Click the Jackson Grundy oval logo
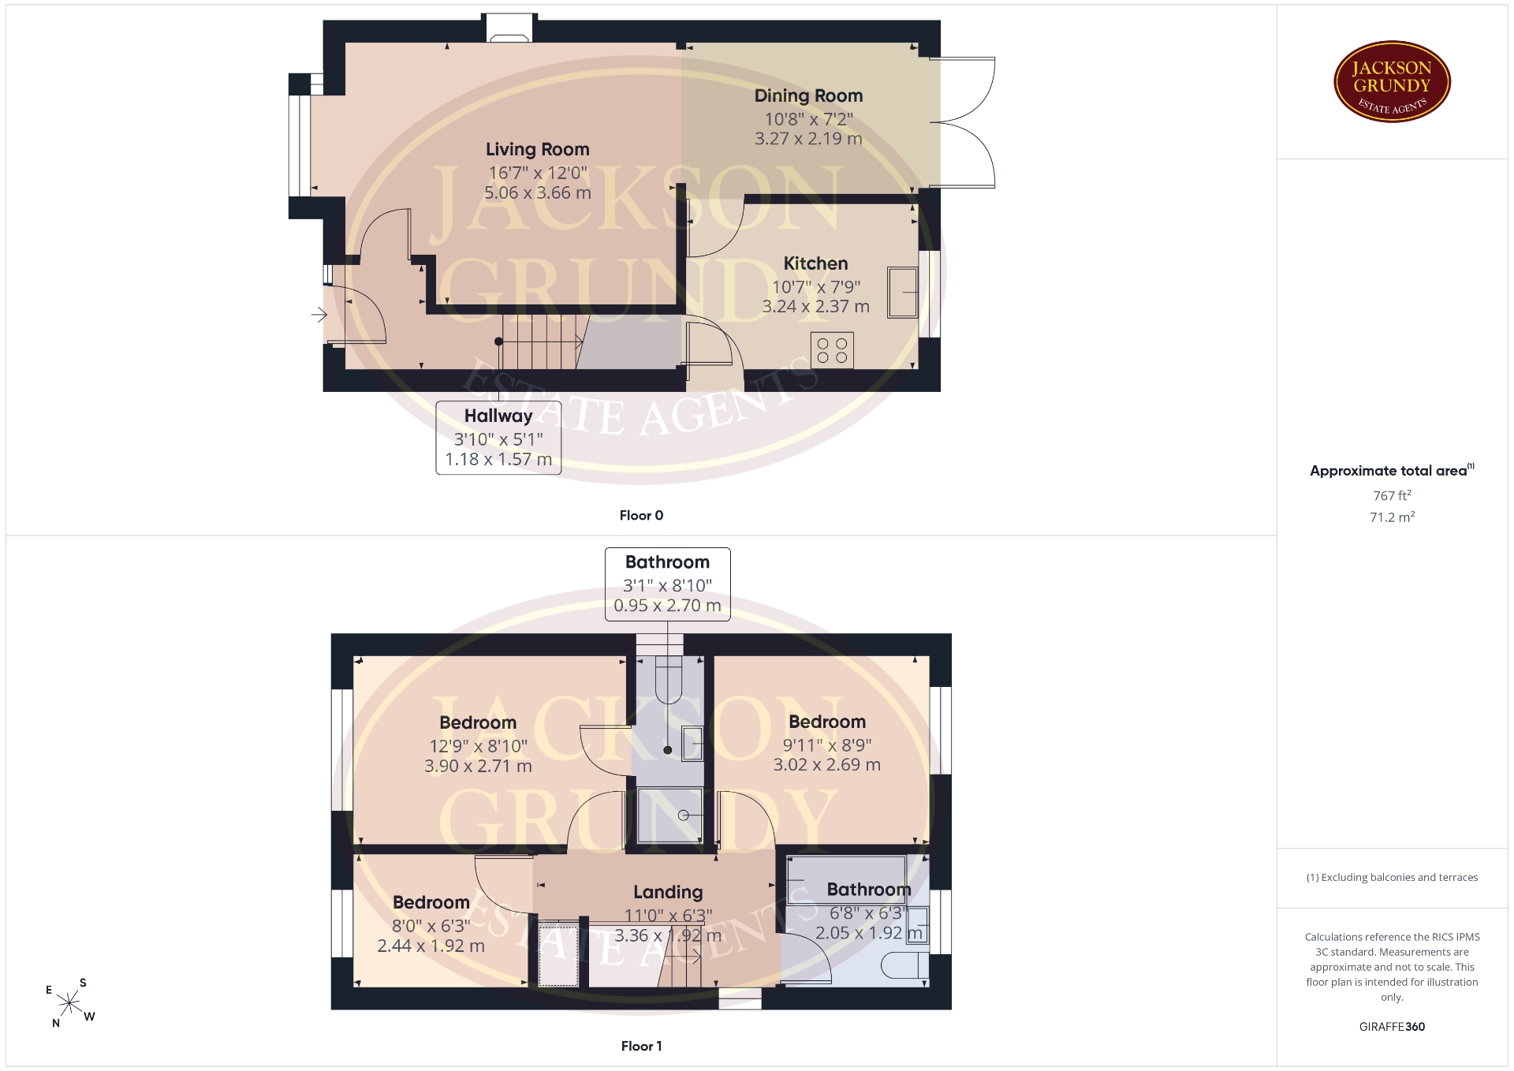(x=1392, y=82)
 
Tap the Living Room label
(x=537, y=150)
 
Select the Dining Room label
(x=808, y=96)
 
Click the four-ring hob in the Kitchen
(x=832, y=350)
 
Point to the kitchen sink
(x=903, y=293)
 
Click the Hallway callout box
(x=498, y=438)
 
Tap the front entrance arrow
(x=319, y=315)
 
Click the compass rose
(x=69, y=1003)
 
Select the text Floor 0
(x=641, y=516)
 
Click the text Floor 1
(x=641, y=1047)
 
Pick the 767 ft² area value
(x=1392, y=495)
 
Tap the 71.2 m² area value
(x=1392, y=517)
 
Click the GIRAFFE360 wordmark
(x=1392, y=1027)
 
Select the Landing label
(x=668, y=892)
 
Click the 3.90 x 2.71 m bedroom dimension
(x=478, y=766)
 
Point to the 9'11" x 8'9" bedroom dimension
(x=827, y=744)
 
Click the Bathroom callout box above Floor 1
(x=667, y=584)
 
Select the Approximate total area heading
(x=1392, y=471)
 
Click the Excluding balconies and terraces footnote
(x=1392, y=878)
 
